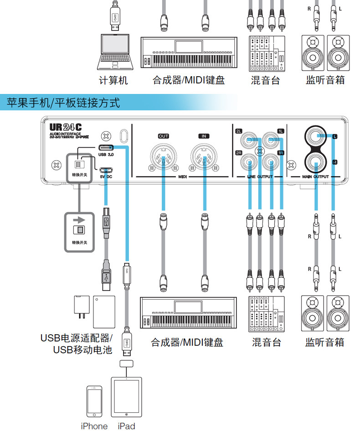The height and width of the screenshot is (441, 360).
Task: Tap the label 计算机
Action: (113, 81)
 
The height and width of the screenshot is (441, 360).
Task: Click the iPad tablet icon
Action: (126, 396)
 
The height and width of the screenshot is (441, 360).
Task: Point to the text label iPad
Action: (126, 426)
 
